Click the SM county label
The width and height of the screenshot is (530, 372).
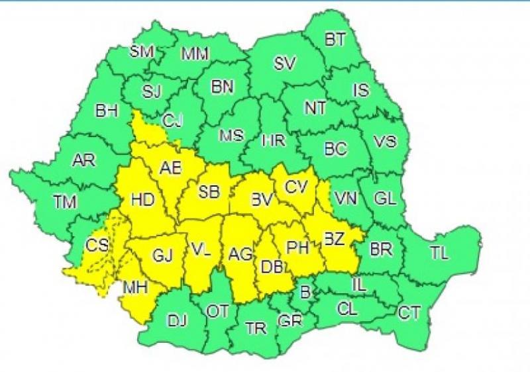click(x=141, y=50)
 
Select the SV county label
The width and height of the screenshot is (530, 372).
click(x=285, y=64)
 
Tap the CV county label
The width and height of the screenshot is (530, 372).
click(x=296, y=187)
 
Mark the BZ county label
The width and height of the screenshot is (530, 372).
click(x=333, y=240)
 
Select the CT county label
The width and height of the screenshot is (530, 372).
click(x=409, y=312)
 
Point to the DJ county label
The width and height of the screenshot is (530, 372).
click(x=176, y=322)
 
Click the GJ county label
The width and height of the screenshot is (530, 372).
click(x=162, y=254)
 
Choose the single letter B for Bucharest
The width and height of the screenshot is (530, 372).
click(x=305, y=292)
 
